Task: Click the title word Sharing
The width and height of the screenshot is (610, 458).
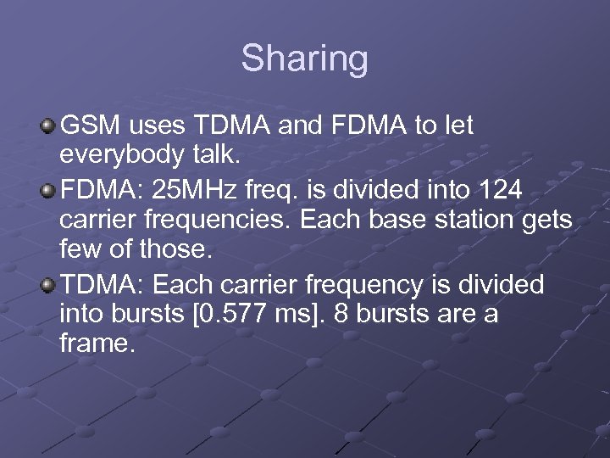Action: (305, 59)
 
